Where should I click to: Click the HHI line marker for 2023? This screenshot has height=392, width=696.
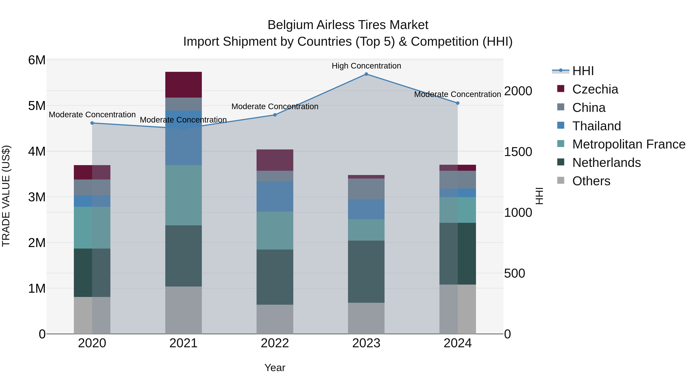[x=366, y=74]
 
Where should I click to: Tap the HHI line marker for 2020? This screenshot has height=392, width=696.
[x=92, y=123]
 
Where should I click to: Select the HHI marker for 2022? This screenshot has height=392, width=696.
[x=275, y=115]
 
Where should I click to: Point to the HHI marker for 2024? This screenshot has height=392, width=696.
[x=457, y=103]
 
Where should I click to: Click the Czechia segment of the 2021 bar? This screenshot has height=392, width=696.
[x=183, y=85]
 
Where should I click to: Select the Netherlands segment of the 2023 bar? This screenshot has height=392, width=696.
[x=366, y=272]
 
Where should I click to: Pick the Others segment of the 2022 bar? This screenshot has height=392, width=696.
[x=275, y=319]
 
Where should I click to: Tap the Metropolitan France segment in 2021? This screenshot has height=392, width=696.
[x=183, y=195]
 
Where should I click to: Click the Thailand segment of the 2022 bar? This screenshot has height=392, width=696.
[x=275, y=197]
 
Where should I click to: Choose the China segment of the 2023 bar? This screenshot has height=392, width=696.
[x=366, y=189]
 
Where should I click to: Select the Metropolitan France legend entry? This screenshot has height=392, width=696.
[x=629, y=144]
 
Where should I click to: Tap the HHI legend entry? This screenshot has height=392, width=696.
[x=583, y=71]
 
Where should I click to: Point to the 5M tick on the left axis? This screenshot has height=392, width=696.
[x=37, y=106]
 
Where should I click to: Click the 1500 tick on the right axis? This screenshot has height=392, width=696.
[x=518, y=152]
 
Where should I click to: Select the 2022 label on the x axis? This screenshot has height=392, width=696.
[x=275, y=343]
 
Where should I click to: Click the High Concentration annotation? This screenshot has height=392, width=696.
[x=366, y=66]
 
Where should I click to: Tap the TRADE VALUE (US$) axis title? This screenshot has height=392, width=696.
[x=6, y=196]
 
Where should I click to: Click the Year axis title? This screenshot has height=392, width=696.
[x=275, y=368]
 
